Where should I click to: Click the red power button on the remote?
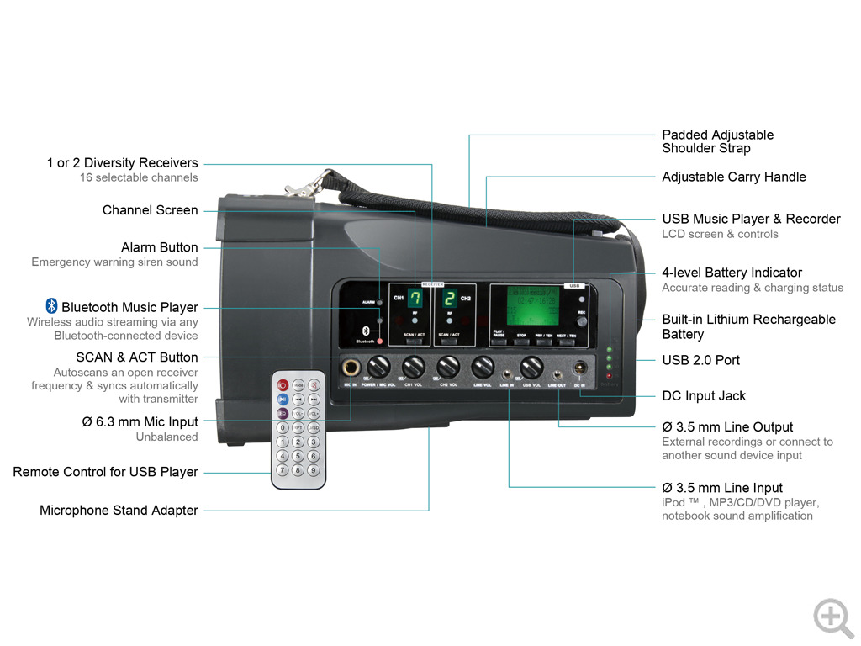[283, 385]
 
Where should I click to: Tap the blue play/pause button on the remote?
[283, 400]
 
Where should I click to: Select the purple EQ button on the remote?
[283, 414]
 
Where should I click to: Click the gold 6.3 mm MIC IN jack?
[350, 368]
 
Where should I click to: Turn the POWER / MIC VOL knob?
[379, 367]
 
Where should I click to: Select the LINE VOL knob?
[482, 367]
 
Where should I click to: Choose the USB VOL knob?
[531, 368]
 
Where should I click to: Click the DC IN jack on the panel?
[578, 368]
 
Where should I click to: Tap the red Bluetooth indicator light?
[380, 341]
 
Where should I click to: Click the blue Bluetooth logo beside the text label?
[50, 306]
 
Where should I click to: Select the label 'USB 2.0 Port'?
[700, 360]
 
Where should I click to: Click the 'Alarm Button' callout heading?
[159, 247]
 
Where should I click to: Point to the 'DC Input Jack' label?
[703, 396]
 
